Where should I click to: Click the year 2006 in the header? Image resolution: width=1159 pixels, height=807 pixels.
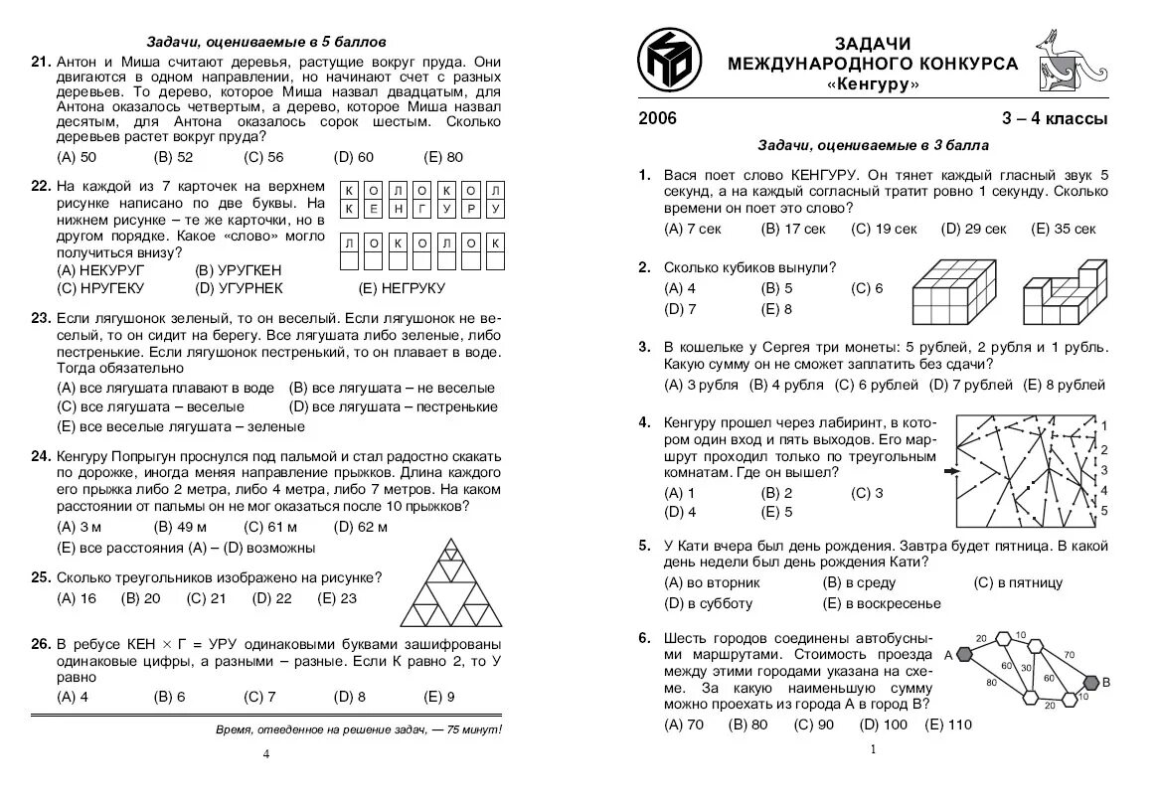pos(657,119)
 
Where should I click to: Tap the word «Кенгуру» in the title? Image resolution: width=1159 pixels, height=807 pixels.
pos(873,84)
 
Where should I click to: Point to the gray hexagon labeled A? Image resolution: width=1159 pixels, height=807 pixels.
pos(962,653)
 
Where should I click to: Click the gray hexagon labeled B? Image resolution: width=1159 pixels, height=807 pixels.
pos(1090,682)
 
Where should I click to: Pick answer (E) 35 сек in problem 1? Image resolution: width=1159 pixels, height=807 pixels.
pos(1064,229)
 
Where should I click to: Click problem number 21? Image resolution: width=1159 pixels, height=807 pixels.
pos(41,62)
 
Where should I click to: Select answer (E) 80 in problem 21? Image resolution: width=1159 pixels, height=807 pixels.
pos(443,157)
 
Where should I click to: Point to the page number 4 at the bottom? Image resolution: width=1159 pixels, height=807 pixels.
pos(265,753)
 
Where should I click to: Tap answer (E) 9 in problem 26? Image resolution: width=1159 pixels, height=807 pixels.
pos(438,697)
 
